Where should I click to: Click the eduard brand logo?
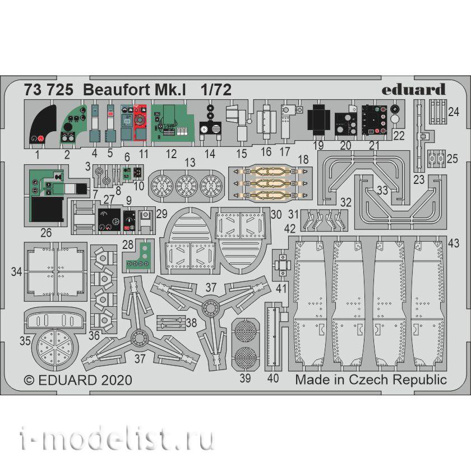click(x=413, y=89)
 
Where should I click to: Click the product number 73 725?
click(x=49, y=90)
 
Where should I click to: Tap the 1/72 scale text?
click(x=216, y=90)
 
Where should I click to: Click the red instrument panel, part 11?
click(x=140, y=122)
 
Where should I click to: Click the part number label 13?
click(x=190, y=163)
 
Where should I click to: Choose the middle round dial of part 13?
click(x=186, y=186)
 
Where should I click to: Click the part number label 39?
click(x=245, y=378)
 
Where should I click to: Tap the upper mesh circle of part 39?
click(x=246, y=331)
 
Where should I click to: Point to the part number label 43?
click(x=454, y=243)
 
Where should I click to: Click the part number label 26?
click(x=46, y=233)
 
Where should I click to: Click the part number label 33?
click(x=382, y=190)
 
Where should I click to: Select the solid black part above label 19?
click(x=318, y=120)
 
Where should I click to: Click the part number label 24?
click(x=454, y=112)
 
